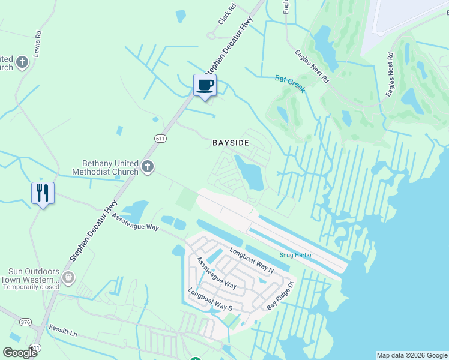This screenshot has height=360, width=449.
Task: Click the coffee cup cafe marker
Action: (205, 85)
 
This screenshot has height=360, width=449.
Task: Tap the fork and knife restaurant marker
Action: (43, 193)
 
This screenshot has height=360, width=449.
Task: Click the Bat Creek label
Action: (291, 83)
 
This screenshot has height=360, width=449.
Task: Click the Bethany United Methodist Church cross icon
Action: (148, 167)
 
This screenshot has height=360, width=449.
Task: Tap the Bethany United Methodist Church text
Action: (110, 167)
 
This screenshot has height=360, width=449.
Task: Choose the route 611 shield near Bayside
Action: (160, 139)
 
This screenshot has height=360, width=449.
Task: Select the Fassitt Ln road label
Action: (65, 332)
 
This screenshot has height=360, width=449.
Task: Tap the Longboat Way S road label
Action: (210, 300)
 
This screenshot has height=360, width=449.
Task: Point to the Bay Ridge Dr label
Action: (281, 296)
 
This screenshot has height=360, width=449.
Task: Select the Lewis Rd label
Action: (38, 43)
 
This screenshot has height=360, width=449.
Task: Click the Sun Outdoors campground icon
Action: (68, 277)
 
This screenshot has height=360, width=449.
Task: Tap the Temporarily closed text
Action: (31, 287)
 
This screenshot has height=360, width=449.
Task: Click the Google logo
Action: (20, 353)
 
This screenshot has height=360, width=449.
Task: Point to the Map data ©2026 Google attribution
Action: (411, 355)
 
